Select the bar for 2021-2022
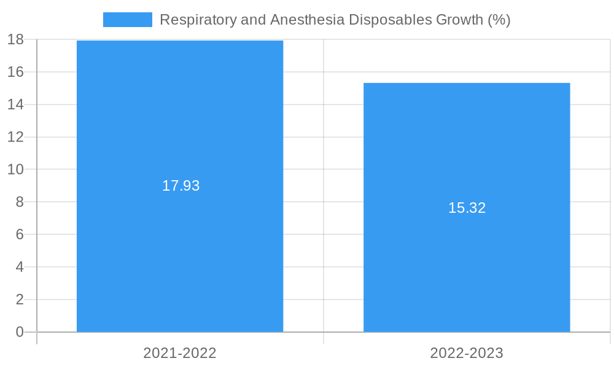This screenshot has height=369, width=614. tap(180, 246)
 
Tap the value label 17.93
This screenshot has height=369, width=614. tap(181, 186)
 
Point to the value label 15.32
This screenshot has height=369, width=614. tap(467, 208)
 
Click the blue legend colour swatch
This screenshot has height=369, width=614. tap(127, 20)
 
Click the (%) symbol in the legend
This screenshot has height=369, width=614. tap(499, 20)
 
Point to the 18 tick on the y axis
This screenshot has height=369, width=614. tap(15, 40)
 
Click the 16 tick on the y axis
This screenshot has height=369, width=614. tap(15, 72)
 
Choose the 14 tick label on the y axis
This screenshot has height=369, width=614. tap(15, 105)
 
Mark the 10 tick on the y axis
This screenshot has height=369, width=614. tap(15, 170)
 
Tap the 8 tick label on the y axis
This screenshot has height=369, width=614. tap(20, 202)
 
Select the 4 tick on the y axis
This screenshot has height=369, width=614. tap(20, 268)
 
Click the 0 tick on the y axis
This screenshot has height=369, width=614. tap(20, 332)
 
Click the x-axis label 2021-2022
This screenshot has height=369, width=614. tap(180, 353)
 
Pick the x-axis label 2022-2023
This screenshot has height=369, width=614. tap(467, 353)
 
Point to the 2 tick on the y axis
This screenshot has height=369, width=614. tap(20, 300)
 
